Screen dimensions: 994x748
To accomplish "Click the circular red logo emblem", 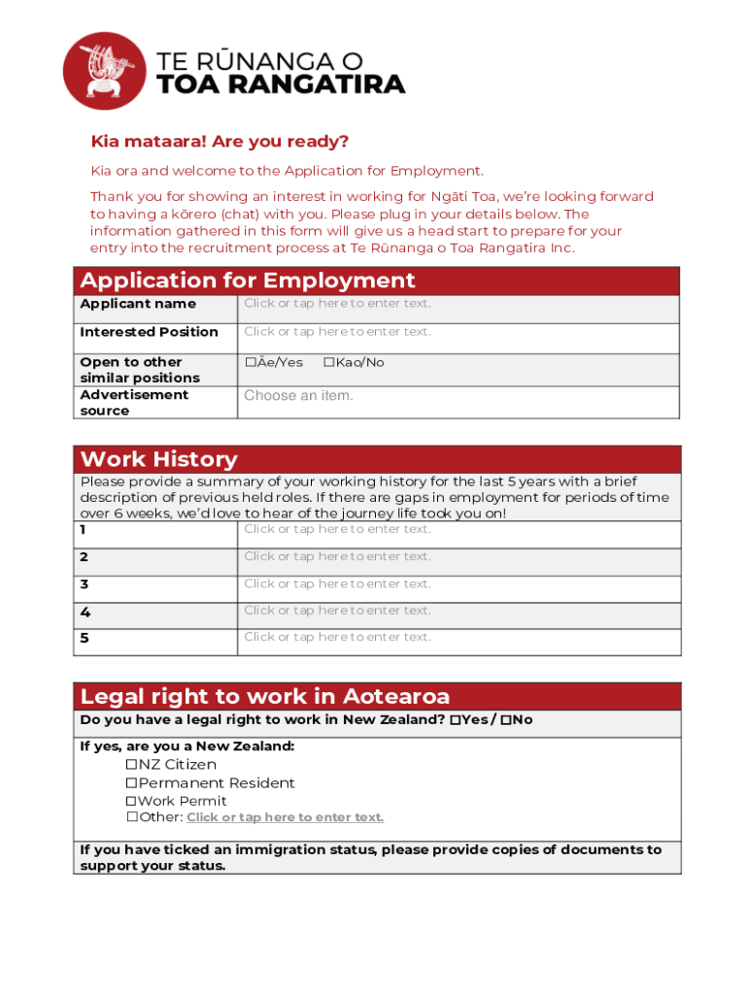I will [x=104, y=71].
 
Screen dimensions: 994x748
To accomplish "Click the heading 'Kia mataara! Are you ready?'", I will [x=220, y=142].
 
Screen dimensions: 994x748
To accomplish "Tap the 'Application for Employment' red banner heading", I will [x=248, y=281].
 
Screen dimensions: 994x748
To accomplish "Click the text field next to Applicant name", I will [x=337, y=304].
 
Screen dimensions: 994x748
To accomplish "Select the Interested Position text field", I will [x=337, y=332].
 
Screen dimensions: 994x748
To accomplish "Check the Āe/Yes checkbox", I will [x=250, y=362].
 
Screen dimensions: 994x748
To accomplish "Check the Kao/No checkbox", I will [x=328, y=362].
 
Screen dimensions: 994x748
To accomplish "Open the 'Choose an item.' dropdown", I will [x=299, y=396].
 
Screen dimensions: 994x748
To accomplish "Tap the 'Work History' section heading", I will [x=158, y=459].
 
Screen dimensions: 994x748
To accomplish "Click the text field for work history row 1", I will [x=337, y=529].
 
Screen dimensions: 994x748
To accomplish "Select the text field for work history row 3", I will [x=337, y=583].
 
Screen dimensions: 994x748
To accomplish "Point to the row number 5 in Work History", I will [x=85, y=638].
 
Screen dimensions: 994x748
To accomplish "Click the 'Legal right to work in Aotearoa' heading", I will [x=264, y=696].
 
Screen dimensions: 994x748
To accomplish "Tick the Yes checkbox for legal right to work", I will [x=456, y=720].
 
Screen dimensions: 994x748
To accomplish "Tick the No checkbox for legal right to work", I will [x=505, y=720].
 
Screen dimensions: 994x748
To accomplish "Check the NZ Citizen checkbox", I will [x=131, y=765].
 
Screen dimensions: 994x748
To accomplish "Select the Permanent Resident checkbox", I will [x=131, y=783].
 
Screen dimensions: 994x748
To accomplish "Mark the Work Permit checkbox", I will [x=131, y=802].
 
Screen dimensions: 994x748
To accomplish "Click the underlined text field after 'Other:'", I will [x=285, y=817].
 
